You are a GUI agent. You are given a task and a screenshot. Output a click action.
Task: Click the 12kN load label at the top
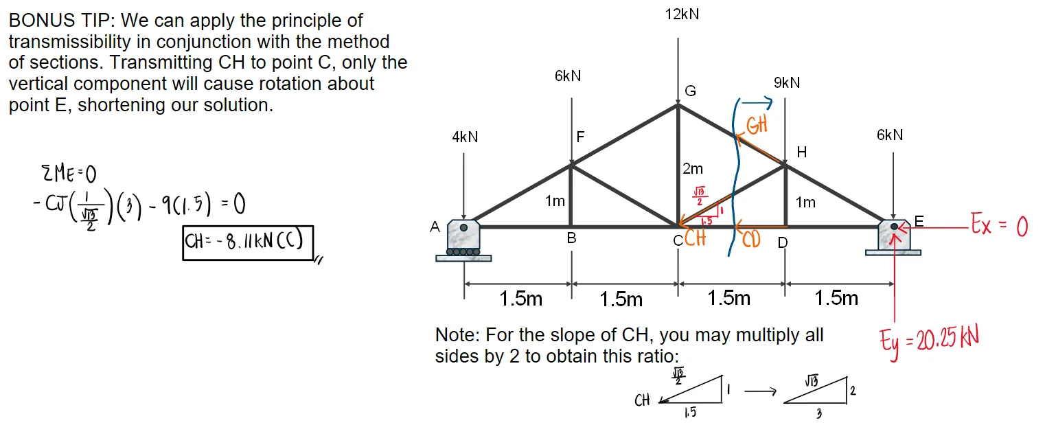[x=682, y=14]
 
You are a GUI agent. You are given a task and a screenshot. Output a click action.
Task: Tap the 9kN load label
[x=786, y=83]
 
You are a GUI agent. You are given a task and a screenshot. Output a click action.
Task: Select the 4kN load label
[x=464, y=137]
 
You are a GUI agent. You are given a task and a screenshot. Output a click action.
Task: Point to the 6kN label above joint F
[x=568, y=76]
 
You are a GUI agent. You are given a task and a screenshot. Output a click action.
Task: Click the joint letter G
[x=690, y=91]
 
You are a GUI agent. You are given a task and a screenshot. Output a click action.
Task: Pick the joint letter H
[x=801, y=151]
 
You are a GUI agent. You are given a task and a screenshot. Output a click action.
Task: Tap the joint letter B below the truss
[x=571, y=240]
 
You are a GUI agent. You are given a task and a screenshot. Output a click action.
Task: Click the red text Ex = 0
[x=998, y=226]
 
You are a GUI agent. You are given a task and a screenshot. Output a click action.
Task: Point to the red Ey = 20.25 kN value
[x=929, y=339]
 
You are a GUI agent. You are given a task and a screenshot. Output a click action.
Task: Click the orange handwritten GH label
[x=756, y=126]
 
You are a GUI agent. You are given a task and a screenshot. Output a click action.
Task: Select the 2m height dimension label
[x=692, y=169]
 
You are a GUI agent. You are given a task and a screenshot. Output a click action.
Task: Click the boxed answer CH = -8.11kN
[x=247, y=243]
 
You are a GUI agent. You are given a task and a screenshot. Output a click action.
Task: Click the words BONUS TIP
[x=61, y=21]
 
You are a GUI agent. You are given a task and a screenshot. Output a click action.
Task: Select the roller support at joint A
[x=463, y=240]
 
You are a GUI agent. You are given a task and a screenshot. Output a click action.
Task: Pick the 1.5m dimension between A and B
[x=520, y=299]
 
